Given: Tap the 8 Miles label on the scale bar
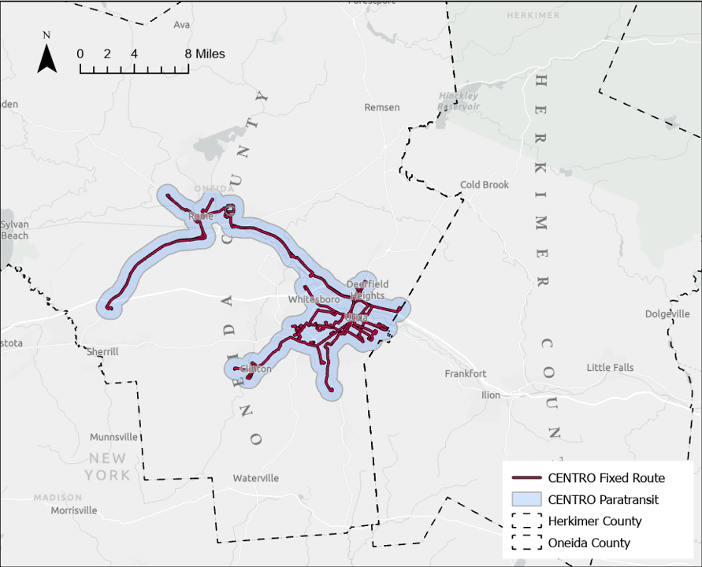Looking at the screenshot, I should click(x=205, y=54).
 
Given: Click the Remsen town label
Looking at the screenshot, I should click(x=382, y=107).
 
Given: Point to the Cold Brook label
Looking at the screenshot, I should click(x=485, y=185).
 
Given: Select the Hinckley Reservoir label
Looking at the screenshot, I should click(x=459, y=101).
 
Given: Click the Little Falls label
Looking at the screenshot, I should click(x=610, y=368).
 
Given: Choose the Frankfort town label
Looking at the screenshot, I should click(x=466, y=374).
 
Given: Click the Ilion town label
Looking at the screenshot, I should click(x=491, y=395).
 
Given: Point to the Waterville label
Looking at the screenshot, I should click(x=256, y=478).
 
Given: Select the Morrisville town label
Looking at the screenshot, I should click(x=74, y=510).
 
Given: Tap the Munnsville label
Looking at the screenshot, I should click(x=113, y=437).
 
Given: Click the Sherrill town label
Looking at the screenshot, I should click(x=102, y=352).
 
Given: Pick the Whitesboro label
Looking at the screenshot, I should click(x=314, y=300).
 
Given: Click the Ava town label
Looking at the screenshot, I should click(x=182, y=24).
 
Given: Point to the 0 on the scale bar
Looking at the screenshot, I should click(x=80, y=54).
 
